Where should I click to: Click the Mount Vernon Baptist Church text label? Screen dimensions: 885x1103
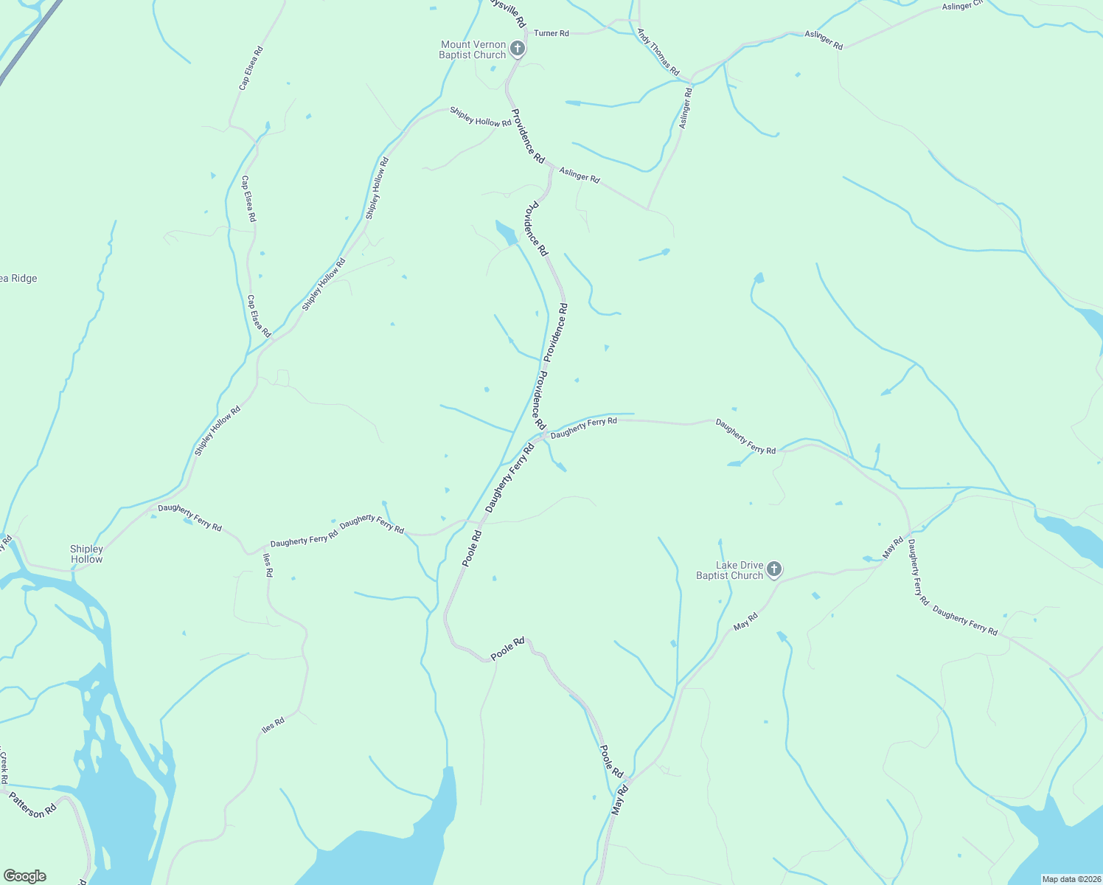tap(473, 50)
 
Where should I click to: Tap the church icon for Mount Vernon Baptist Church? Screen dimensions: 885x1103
tap(518, 49)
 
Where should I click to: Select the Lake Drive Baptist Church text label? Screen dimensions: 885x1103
tap(730, 571)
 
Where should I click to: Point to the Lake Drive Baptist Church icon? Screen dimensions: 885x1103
tap(773, 569)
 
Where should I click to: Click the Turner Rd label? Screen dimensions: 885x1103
tap(551, 33)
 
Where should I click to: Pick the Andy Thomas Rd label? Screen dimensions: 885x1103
tap(658, 52)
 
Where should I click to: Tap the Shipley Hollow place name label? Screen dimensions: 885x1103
tap(86, 554)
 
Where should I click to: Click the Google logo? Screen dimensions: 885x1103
tap(24, 876)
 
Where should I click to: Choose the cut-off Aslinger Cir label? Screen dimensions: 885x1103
tap(963, 6)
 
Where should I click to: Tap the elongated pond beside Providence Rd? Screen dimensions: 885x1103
tap(506, 232)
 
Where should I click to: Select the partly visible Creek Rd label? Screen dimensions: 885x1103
tap(4, 768)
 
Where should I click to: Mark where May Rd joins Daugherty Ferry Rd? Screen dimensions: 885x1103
tap(911, 532)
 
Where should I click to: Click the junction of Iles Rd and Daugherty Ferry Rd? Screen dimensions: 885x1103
tap(265, 552)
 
